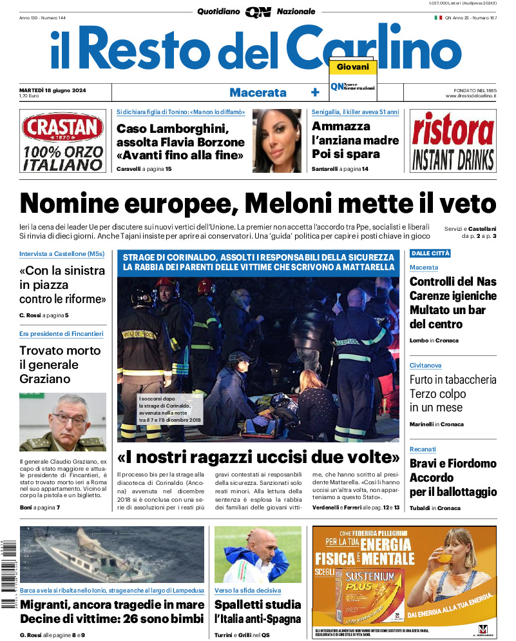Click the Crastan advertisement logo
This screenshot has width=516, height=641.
click(x=62, y=128)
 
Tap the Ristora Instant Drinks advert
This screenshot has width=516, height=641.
click(x=453, y=141)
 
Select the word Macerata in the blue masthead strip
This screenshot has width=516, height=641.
click(x=258, y=92)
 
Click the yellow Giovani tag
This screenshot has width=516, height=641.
click(x=352, y=67)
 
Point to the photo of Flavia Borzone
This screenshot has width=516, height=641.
click(x=276, y=140)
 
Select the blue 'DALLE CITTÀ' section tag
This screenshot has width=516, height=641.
click(x=430, y=253)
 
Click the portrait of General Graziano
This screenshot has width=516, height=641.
click(x=62, y=422)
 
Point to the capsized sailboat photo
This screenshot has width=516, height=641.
click(x=112, y=555)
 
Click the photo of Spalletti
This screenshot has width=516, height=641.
click(x=258, y=555)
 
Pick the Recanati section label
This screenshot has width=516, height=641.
click(x=423, y=449)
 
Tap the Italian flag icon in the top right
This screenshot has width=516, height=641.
click(x=438, y=17)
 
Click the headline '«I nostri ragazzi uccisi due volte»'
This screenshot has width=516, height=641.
click(x=258, y=458)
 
